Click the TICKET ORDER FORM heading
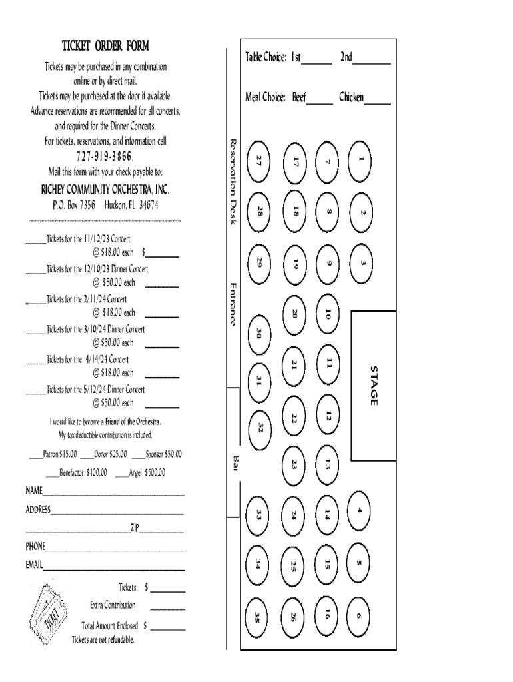pos(105,46)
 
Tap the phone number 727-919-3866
pos(105,157)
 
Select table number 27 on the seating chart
pos(260,160)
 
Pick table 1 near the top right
pos(360,159)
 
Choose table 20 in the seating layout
pos(294,313)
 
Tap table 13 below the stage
pos(328,463)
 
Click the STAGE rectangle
pos(374,385)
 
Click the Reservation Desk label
pos(233,181)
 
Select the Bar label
pos(235,464)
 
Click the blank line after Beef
pos(320,102)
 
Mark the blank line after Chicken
pos(378,102)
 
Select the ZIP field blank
pos(161,531)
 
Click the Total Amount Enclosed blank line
pos(168,629)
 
